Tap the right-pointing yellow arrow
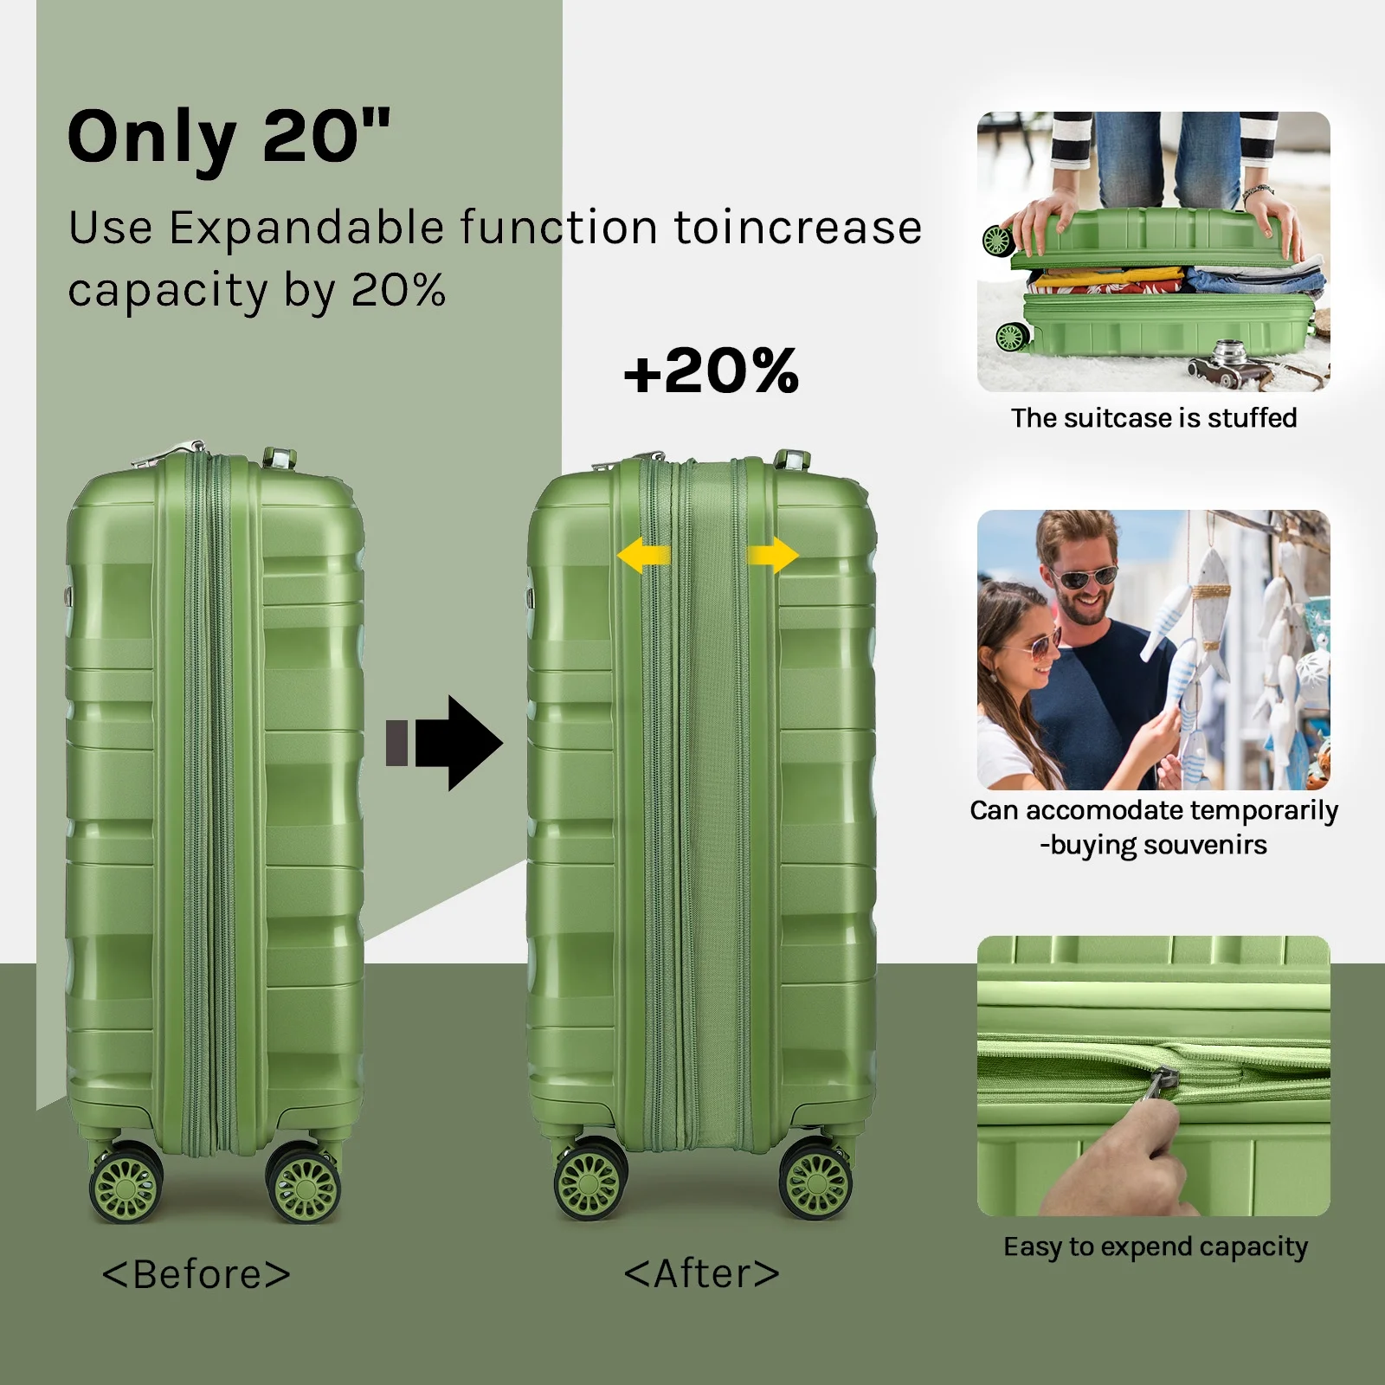[773, 555]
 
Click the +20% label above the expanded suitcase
[711, 371]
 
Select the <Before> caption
[196, 1274]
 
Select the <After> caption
[702, 1273]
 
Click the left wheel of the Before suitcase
[126, 1183]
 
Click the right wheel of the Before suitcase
[304, 1183]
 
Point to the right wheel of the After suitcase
[815, 1180]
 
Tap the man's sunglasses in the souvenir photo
[1085, 577]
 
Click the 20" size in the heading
[326, 136]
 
